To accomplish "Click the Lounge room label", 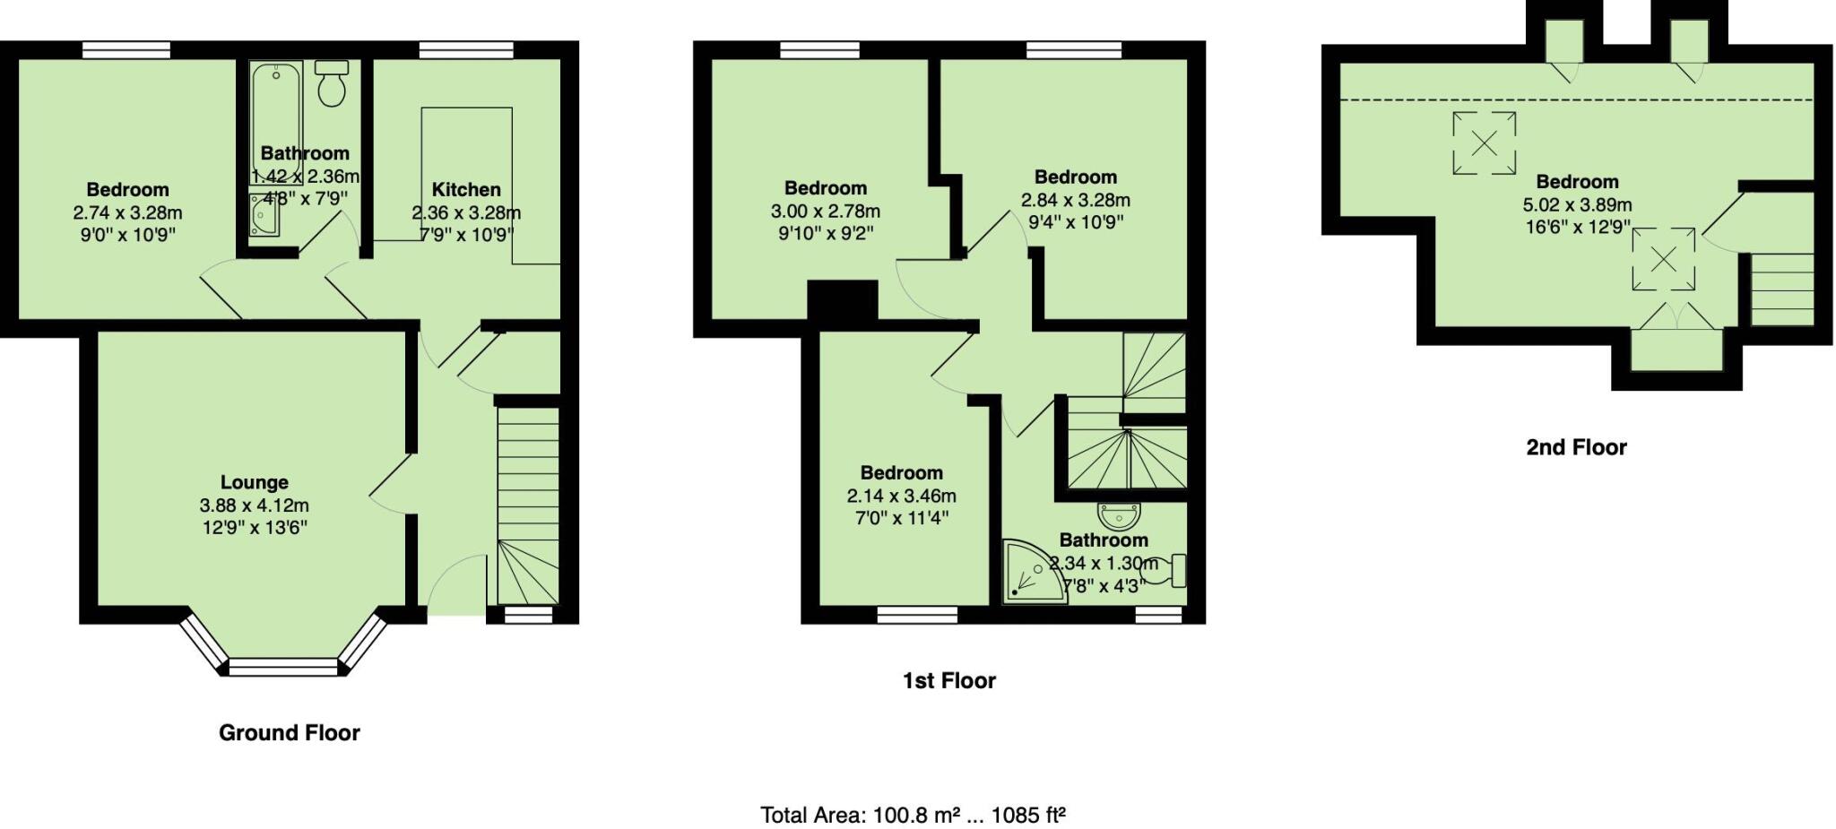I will [x=254, y=483].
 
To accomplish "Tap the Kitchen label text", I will [x=465, y=190].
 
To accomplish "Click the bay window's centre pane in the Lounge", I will [x=284, y=667].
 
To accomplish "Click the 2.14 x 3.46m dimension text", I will [x=901, y=496].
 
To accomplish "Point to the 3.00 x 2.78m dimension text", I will [x=825, y=212].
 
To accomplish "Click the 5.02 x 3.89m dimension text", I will [x=1577, y=205].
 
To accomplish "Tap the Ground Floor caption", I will [x=289, y=733].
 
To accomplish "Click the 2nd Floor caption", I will [x=1576, y=447].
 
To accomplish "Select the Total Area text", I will [x=913, y=816].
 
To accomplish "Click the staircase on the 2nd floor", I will [x=1782, y=289].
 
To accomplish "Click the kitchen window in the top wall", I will [x=465, y=51].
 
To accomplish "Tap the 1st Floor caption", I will [x=948, y=681].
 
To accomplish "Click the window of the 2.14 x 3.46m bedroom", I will [x=916, y=615].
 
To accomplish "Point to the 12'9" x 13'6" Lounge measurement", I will [x=255, y=527].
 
